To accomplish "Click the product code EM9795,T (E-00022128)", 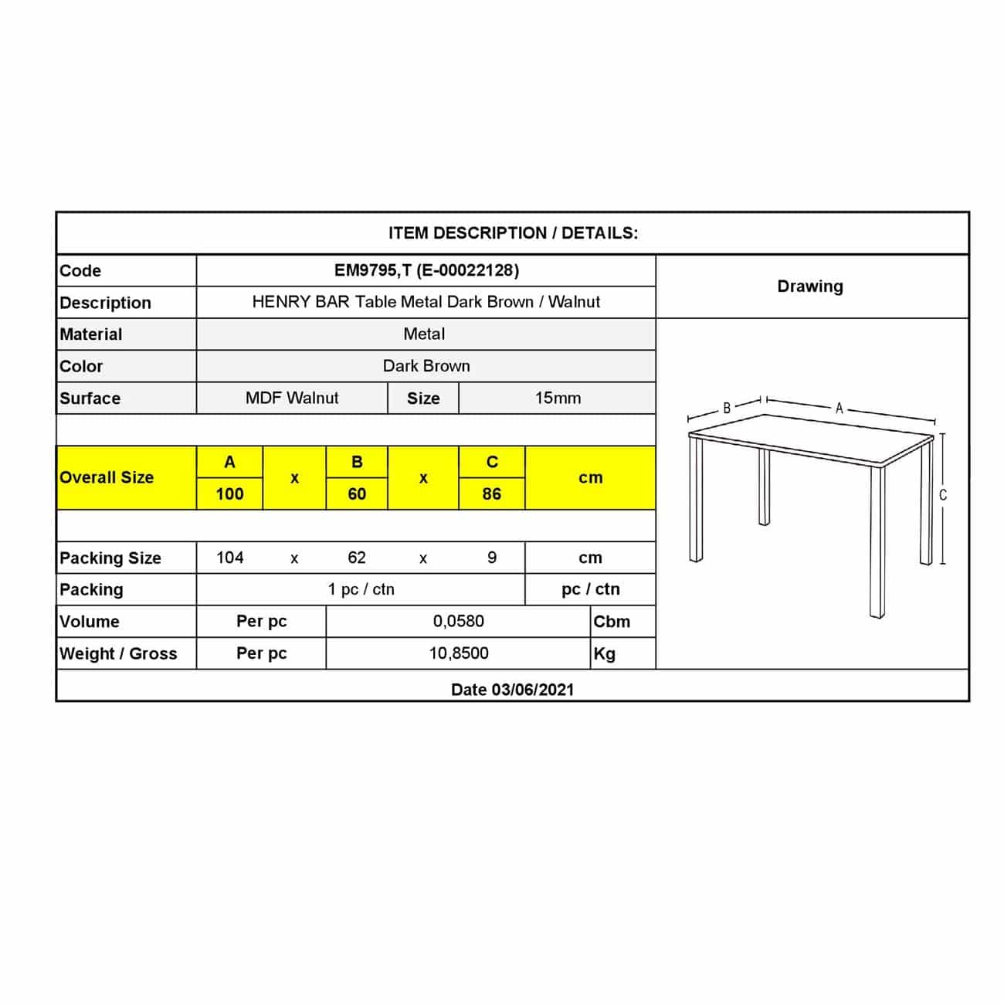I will tap(426, 270).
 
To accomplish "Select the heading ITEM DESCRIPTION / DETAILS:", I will tap(513, 233).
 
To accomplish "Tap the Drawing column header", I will tap(810, 287).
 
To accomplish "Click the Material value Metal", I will tap(424, 334).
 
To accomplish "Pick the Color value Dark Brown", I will tap(426, 366).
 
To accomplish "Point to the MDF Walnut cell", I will tap(292, 399).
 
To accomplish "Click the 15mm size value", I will tap(558, 399).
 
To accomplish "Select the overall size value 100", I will tap(229, 494).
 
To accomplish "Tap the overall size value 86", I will tap(492, 494).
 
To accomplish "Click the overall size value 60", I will tap(357, 494).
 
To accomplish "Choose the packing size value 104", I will tap(230, 558).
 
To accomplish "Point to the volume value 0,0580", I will tap(459, 621).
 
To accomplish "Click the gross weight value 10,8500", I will tap(459, 653).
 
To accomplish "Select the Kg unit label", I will tap(605, 654).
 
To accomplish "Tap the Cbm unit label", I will tap(612, 622).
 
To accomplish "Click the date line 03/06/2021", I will tap(513, 690).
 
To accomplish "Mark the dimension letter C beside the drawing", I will tap(942, 495).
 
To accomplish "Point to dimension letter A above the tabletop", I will tap(839, 409).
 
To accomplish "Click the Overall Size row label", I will tap(107, 478).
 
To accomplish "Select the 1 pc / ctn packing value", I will tap(361, 589).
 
